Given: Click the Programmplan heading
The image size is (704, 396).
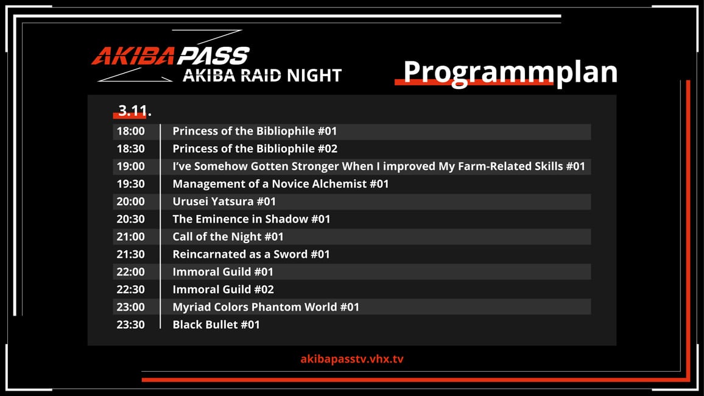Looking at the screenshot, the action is [x=510, y=72].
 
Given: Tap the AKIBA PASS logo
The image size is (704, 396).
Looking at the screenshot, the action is [x=171, y=55].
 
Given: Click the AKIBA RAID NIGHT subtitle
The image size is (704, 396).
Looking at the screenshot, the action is [x=262, y=76].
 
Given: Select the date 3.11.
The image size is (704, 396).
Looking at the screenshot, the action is [x=134, y=110].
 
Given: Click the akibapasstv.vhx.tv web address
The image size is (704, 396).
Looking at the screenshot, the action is [x=352, y=359].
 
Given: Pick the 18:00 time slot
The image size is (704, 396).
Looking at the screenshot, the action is [x=131, y=131].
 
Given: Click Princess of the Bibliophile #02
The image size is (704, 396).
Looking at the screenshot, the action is [x=255, y=149].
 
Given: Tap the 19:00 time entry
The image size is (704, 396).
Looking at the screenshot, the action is [x=131, y=166].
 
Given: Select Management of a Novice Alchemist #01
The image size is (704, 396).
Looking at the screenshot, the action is [x=281, y=184].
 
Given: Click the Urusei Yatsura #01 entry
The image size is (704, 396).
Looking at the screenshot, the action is [x=224, y=202].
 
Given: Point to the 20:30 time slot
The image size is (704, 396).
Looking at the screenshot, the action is [x=131, y=219].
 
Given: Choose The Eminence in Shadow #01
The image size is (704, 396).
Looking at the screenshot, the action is [x=252, y=219].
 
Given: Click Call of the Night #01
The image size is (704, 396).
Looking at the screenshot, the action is [x=228, y=236].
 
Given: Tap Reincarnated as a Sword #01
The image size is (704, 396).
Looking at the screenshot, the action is [x=252, y=254].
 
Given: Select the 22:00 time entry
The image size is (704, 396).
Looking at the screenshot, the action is [x=131, y=272].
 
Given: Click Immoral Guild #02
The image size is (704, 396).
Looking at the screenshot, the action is [x=223, y=289].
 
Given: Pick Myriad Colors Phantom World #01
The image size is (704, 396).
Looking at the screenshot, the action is [x=266, y=307].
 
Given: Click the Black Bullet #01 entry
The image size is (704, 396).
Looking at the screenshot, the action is [x=216, y=325].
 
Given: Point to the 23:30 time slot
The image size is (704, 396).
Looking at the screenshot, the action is [x=131, y=325].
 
